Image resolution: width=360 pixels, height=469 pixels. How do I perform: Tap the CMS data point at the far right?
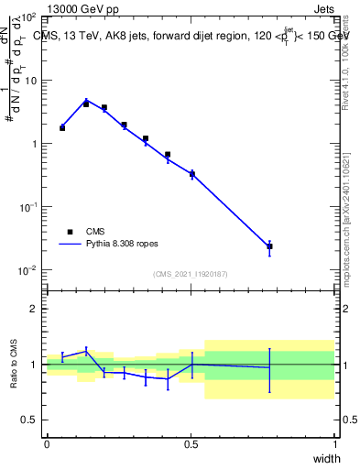coord(269,246)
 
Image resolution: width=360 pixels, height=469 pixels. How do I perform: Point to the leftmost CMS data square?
coord(62,128)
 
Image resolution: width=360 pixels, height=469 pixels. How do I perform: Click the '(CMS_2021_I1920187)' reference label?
coord(191,274)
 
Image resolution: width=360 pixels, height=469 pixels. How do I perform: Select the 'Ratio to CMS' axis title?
coord(15,364)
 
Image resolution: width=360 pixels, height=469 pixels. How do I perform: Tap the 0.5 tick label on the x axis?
coord(191,444)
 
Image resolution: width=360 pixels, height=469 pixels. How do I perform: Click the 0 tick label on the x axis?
coord(47,444)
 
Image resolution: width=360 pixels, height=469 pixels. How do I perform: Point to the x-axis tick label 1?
coord(334,444)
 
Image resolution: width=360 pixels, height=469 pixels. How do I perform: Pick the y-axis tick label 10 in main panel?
coord(32,81)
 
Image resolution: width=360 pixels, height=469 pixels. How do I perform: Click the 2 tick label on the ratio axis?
coord(34,309)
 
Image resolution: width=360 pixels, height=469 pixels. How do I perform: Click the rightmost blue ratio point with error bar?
coord(269,367)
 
